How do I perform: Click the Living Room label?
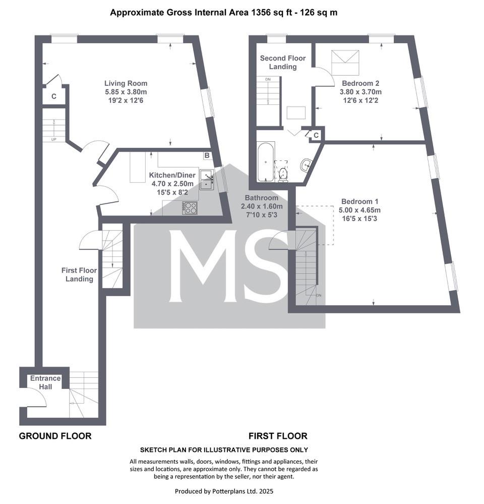tap(126, 83)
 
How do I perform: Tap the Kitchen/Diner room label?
tap(172, 175)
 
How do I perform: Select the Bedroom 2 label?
tap(360, 83)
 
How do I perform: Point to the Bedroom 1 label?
tap(359, 201)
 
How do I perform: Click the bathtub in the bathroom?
tap(266, 161)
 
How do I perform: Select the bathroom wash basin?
tap(306, 165)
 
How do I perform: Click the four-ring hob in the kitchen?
tap(190, 208)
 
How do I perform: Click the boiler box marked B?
tap(207, 155)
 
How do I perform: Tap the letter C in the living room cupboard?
tap(54, 96)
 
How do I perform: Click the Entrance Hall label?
tap(45, 382)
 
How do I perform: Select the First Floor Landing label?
tap(79, 274)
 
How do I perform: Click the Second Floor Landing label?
tap(283, 63)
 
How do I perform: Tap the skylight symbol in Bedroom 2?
tap(345, 62)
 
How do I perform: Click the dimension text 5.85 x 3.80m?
tap(126, 92)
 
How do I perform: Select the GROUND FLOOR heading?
tap(55, 436)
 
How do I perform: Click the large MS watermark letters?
tap(229, 266)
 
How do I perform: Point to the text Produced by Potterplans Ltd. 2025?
tap(224, 491)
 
